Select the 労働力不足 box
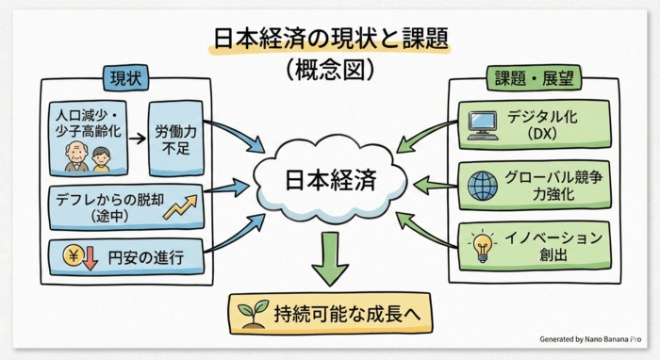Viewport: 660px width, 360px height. (175, 139)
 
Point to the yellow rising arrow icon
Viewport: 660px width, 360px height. (179, 206)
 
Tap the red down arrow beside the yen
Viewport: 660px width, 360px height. (91, 254)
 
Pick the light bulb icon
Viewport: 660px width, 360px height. (482, 246)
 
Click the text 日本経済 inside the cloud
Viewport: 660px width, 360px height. (330, 179)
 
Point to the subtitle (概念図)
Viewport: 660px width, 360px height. (329, 69)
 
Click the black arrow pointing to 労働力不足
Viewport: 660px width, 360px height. (138, 139)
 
